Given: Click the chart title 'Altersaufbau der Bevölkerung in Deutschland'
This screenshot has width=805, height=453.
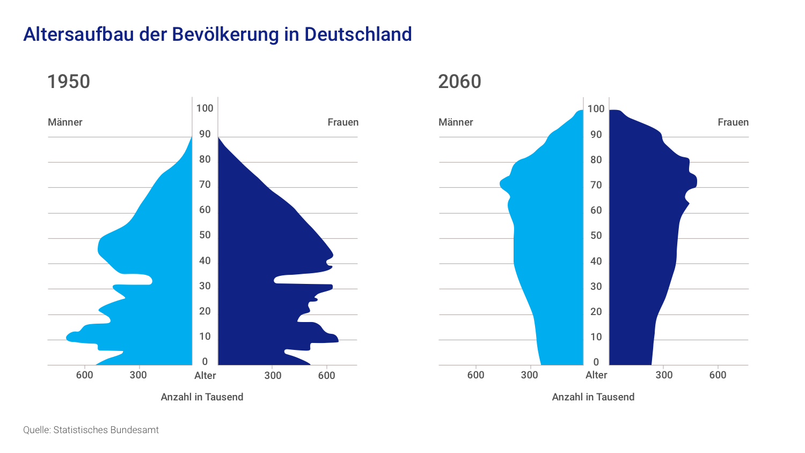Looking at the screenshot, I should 217,34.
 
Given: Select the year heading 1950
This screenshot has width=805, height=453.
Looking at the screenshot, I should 68,82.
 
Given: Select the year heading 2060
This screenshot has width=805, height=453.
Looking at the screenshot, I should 459,82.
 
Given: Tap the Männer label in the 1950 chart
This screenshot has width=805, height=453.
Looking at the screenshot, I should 65,122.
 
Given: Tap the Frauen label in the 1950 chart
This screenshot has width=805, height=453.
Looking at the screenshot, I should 343,122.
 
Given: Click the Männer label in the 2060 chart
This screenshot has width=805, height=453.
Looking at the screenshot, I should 456,122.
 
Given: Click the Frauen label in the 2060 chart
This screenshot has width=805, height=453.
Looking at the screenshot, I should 733,122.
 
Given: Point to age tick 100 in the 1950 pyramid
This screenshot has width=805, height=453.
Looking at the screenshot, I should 204,108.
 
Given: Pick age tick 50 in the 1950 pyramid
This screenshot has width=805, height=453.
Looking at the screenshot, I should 204,235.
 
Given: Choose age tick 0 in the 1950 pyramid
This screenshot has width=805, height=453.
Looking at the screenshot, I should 204,361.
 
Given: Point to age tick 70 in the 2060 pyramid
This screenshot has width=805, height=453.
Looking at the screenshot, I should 596,185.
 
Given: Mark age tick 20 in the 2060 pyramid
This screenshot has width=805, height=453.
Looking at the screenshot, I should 596,312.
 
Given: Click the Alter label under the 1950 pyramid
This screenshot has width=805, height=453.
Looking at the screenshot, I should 205,375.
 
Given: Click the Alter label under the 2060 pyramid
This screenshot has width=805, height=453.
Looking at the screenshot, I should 596,375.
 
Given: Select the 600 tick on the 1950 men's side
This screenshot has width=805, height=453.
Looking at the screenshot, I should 84,375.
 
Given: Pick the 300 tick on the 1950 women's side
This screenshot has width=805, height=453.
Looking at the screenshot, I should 273,375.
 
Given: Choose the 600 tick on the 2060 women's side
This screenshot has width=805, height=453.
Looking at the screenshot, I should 718,375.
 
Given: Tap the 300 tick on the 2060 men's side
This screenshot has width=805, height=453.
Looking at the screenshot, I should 529,375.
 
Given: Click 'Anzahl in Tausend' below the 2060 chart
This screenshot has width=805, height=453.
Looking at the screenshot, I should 593,397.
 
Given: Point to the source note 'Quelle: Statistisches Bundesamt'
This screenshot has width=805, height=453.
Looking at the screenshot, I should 91,430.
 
